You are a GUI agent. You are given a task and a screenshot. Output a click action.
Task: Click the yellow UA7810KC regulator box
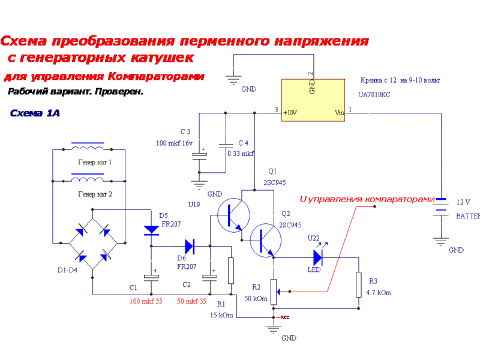pos(314,100)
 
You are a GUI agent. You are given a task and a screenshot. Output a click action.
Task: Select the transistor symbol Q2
pos(264,240)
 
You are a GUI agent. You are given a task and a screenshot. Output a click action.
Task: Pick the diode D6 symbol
pos(190,245)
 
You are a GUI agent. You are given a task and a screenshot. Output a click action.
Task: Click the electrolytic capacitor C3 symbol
pos(199,155)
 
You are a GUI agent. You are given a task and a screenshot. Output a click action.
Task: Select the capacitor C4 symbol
pos(226,145)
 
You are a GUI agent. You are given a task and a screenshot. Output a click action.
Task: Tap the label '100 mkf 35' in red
pos(146,301)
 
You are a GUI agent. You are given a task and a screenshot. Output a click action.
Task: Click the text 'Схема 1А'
pos(35,113)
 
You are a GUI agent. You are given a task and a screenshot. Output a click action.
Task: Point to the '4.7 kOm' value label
pos(379,293)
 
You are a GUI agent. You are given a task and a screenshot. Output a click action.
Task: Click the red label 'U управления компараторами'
pos(367,199)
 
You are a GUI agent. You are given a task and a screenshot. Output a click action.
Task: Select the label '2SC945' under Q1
pos(274,182)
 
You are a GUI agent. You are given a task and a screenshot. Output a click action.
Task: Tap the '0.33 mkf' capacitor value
pos(241,154)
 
